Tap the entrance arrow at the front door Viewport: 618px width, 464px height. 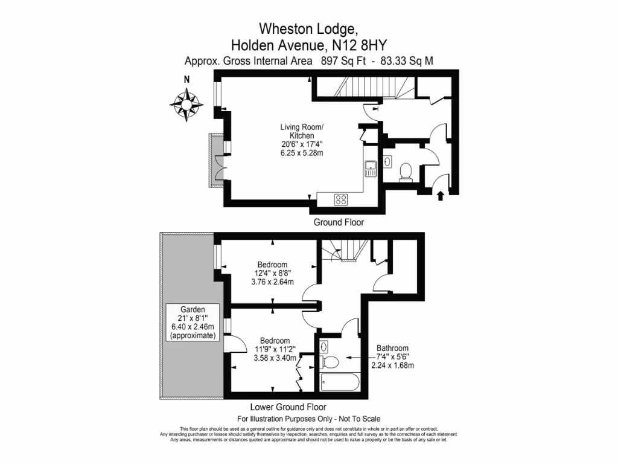439,195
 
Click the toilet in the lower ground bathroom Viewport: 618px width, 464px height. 329,362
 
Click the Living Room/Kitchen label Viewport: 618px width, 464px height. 302,131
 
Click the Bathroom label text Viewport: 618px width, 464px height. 392,348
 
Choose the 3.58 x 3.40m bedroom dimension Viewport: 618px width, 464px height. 272,358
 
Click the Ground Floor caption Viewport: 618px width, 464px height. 339,222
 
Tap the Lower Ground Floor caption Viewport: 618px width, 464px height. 287,407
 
